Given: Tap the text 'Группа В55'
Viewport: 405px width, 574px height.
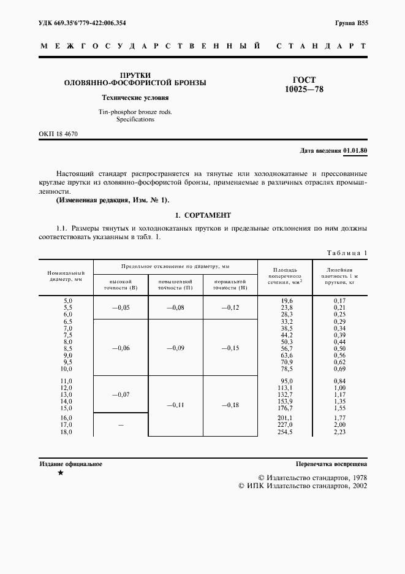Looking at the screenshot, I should click(351, 23).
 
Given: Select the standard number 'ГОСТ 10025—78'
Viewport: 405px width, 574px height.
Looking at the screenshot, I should click(305, 85).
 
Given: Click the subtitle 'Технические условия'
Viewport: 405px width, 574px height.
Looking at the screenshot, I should click(135, 98).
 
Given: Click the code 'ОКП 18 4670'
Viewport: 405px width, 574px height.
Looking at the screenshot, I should click(58, 134).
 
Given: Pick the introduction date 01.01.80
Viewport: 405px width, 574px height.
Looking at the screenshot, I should click(355, 150).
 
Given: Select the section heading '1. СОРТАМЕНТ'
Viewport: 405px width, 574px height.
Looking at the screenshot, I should click(203, 215).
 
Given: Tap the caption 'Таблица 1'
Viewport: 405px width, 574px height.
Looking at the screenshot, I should click(347, 253).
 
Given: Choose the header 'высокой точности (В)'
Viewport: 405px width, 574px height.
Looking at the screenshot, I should click(120, 283).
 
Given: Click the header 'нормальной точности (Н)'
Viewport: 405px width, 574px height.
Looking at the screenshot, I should click(230, 283).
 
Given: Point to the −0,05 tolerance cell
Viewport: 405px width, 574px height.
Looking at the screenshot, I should click(120, 307).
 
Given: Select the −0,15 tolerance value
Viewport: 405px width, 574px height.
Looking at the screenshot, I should click(230, 348).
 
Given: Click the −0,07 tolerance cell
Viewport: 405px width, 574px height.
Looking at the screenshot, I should click(120, 395).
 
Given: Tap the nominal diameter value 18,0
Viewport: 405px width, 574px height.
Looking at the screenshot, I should click(64, 432).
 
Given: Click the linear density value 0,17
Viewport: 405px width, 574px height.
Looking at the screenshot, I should click(339, 300).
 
